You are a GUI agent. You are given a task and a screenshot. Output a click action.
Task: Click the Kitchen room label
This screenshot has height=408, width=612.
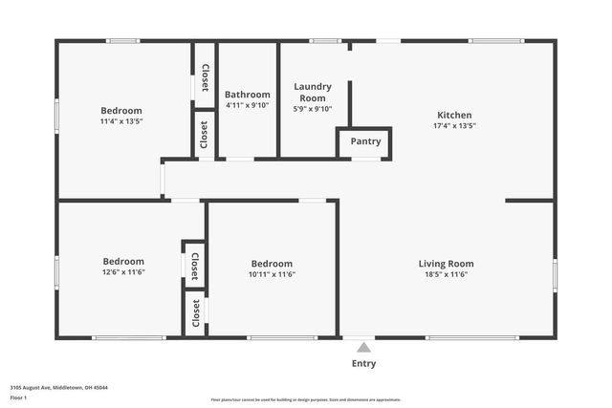click(x=454, y=115)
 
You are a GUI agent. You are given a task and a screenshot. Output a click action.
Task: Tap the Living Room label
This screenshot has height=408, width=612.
click(x=446, y=264)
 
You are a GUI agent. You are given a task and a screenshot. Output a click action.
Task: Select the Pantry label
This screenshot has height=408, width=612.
click(x=365, y=141)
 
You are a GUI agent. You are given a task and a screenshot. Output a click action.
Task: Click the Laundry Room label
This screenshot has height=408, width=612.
click(x=312, y=92)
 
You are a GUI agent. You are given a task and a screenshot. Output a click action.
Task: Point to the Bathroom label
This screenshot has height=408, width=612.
click(x=248, y=94)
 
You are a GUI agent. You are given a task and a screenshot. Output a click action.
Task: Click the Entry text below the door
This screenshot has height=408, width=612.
click(x=364, y=363)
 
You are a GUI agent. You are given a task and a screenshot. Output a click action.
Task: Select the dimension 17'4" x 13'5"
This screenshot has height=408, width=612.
click(x=454, y=125)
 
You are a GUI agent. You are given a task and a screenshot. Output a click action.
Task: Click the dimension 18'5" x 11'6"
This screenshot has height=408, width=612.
click(x=446, y=274)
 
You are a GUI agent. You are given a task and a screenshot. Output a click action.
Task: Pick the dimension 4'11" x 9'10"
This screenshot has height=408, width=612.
click(x=248, y=105)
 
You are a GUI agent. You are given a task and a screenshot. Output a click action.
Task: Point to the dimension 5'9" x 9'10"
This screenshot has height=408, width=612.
click(x=312, y=109)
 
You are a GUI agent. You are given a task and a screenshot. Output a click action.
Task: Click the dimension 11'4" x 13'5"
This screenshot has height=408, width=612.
click(x=121, y=121)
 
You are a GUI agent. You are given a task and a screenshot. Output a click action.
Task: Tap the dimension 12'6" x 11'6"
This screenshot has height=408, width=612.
click(x=123, y=271)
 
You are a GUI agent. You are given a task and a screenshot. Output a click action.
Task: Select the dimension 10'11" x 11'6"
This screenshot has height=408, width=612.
click(x=272, y=274)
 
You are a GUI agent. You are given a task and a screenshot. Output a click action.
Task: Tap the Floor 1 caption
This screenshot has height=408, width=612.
click(x=18, y=397)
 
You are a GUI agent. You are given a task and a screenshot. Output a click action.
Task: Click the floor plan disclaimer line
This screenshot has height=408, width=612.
click(x=305, y=400)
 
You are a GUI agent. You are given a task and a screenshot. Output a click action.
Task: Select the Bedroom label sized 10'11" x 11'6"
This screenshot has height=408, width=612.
click(x=272, y=264)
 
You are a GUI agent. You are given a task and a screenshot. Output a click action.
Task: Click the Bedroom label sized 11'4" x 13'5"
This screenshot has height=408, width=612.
click(x=121, y=110)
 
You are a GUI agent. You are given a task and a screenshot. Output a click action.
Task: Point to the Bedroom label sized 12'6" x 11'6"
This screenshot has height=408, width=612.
click(x=123, y=261)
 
